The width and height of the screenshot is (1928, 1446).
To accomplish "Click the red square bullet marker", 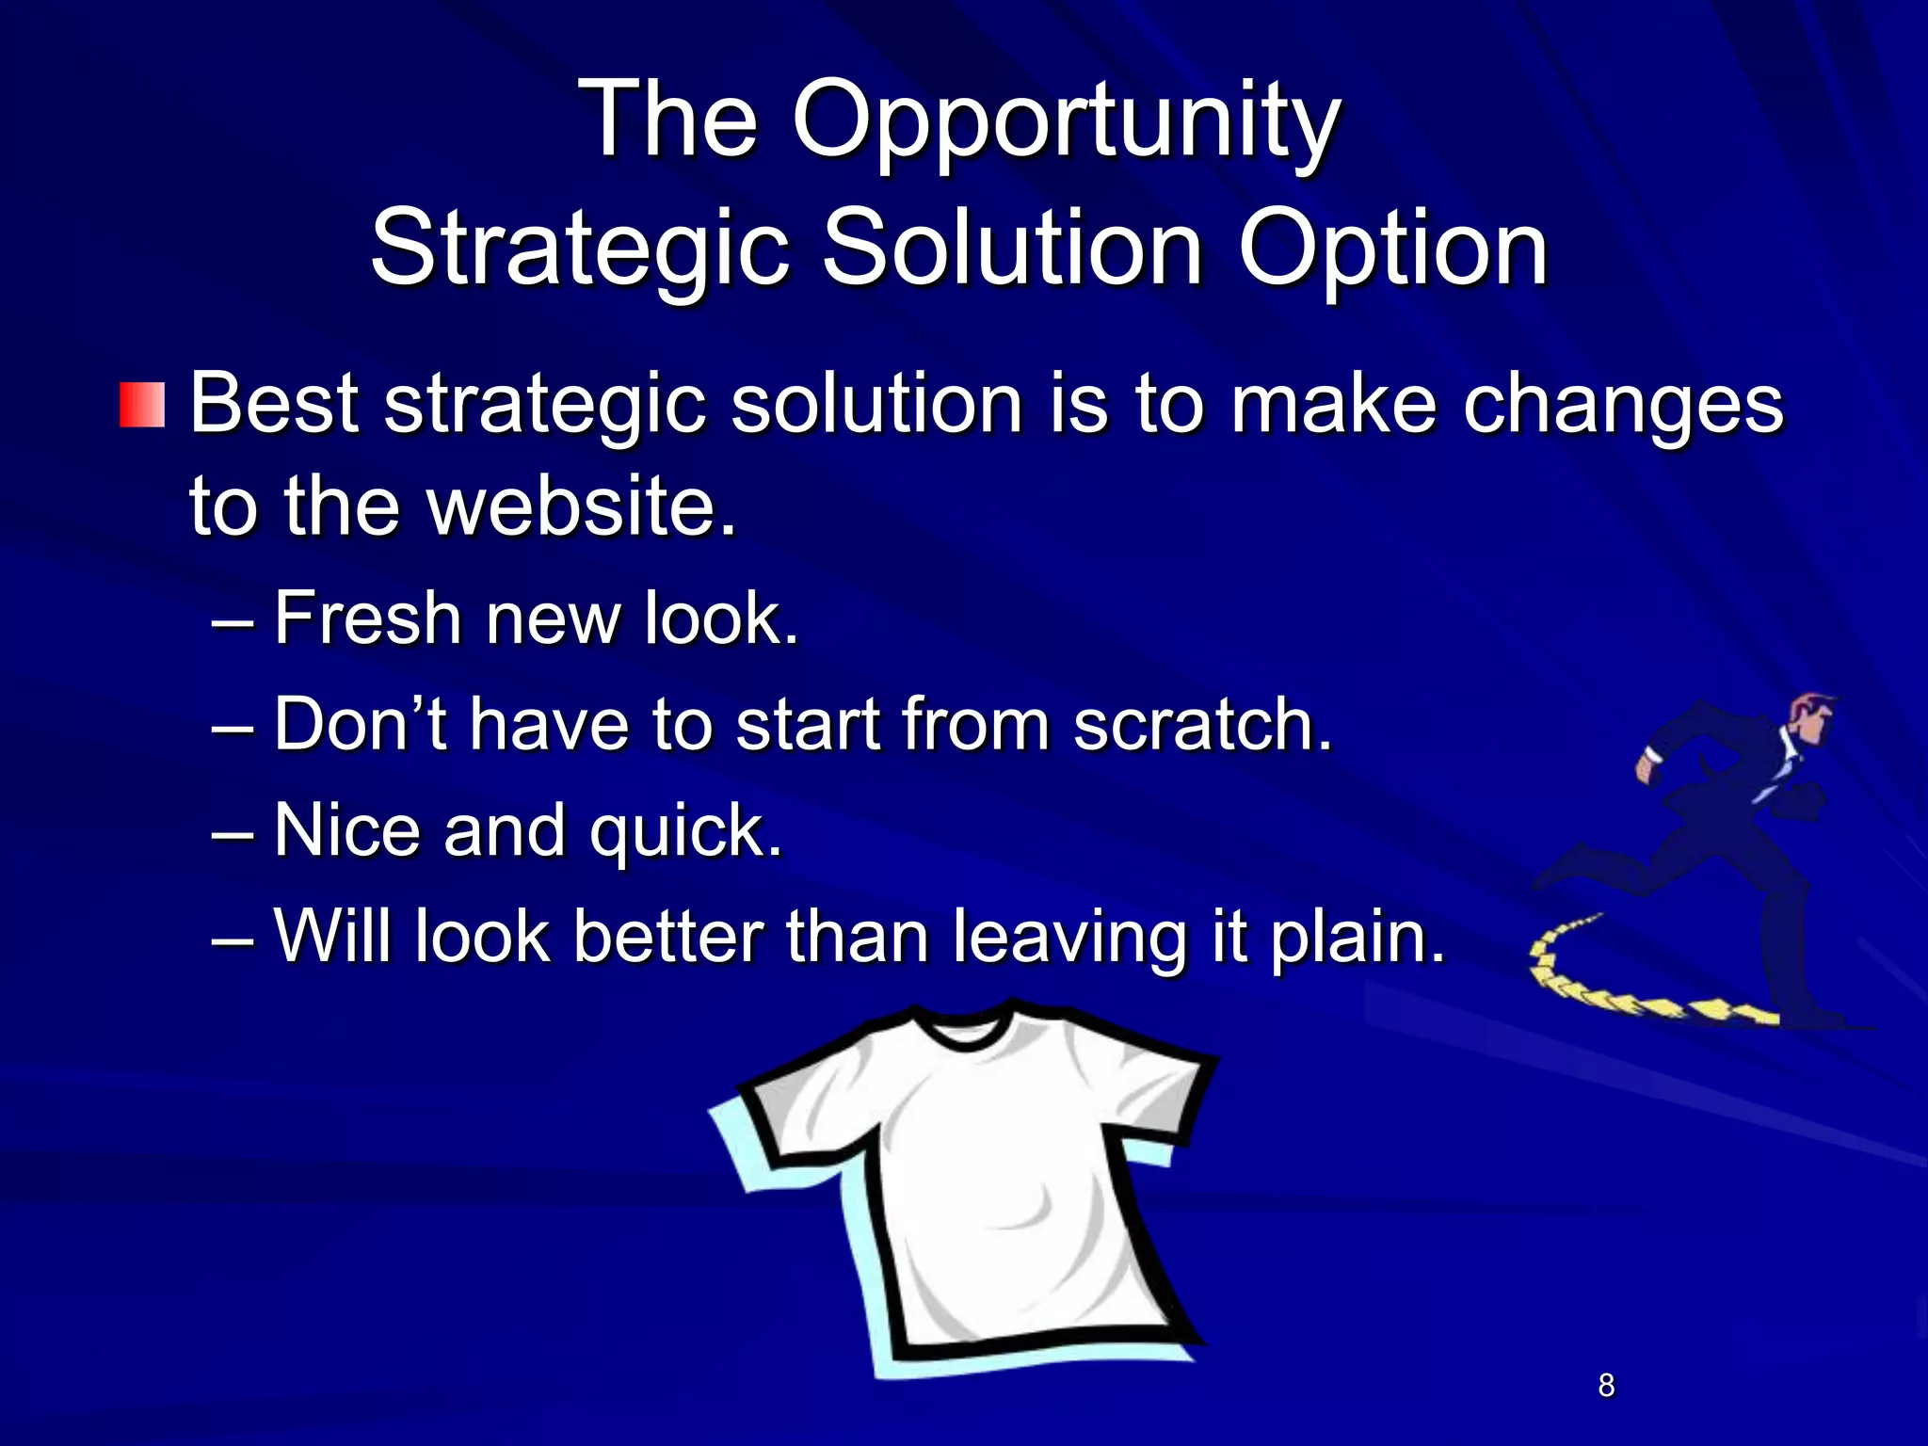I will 142,405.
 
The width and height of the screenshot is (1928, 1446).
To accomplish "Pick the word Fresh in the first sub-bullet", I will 367,619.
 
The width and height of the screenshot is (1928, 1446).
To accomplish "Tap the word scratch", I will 1202,725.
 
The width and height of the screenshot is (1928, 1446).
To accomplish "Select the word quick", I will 684,832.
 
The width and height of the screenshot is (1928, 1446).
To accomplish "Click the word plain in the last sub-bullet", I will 1356,939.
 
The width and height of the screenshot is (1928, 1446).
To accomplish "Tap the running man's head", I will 1813,718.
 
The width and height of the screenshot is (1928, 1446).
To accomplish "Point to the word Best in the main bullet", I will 274,405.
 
